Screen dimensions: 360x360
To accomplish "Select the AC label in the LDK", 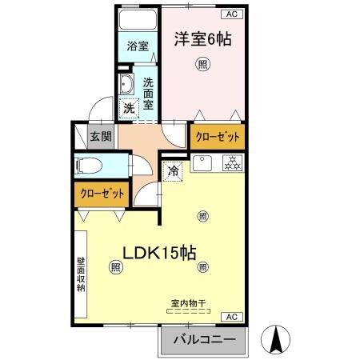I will coord(231,318).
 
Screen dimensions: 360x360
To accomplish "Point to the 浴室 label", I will coord(138,46).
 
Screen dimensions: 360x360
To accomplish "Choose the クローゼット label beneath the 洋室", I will coord(216,136).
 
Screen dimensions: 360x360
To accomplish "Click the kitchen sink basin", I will coord(203,164).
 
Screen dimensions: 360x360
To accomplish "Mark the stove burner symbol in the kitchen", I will coord(233,164).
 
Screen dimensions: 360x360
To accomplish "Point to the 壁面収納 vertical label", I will coord(81,275).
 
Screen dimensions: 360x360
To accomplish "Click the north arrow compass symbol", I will coord(276,340).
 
